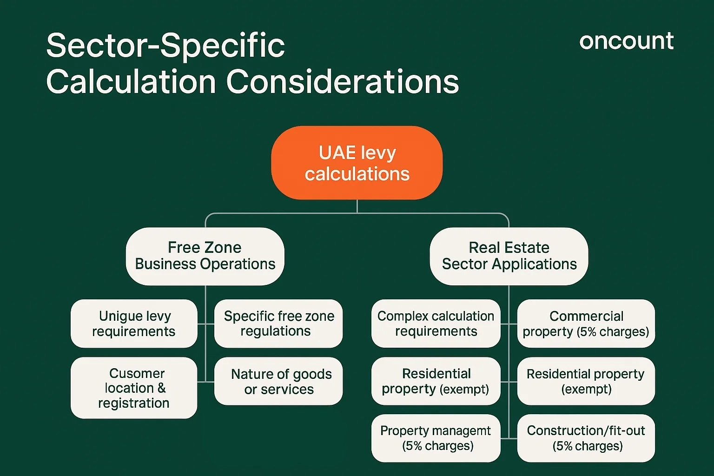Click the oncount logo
click(626, 41)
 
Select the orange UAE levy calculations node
click(357, 163)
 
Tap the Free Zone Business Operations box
click(205, 256)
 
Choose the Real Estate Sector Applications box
click(509, 256)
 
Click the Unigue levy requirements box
click(134, 324)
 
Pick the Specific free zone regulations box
click(278, 324)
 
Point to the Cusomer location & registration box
click(134, 388)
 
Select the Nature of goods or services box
click(278, 381)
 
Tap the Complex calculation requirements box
click(436, 324)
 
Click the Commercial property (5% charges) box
click(586, 324)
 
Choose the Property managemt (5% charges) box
click(436, 438)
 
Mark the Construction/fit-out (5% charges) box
click(586, 438)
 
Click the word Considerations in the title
click(343, 82)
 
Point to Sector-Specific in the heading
click(165, 46)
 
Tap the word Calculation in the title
click(131, 82)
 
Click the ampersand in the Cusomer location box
click(161, 388)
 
